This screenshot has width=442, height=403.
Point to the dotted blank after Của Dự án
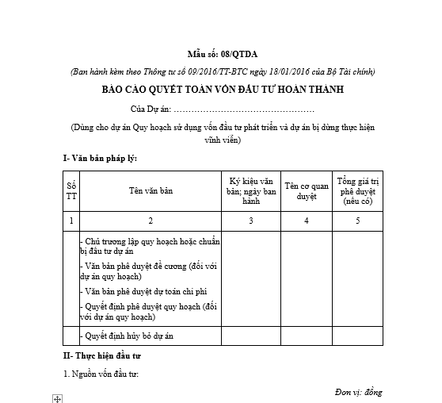[x=243, y=108]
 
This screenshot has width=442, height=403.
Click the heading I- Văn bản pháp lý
[x=101, y=158]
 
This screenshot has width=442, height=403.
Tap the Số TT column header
[x=72, y=190]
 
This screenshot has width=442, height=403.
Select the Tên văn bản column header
[x=151, y=190]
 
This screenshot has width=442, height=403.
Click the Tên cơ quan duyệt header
[x=307, y=190]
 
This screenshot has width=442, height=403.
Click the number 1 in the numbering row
[x=72, y=220]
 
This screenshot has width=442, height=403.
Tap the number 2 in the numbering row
[x=151, y=220]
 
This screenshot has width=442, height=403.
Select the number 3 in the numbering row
[x=252, y=220]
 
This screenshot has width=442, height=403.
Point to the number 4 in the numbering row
[x=307, y=220]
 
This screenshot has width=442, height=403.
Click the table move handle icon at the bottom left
[x=57, y=398]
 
